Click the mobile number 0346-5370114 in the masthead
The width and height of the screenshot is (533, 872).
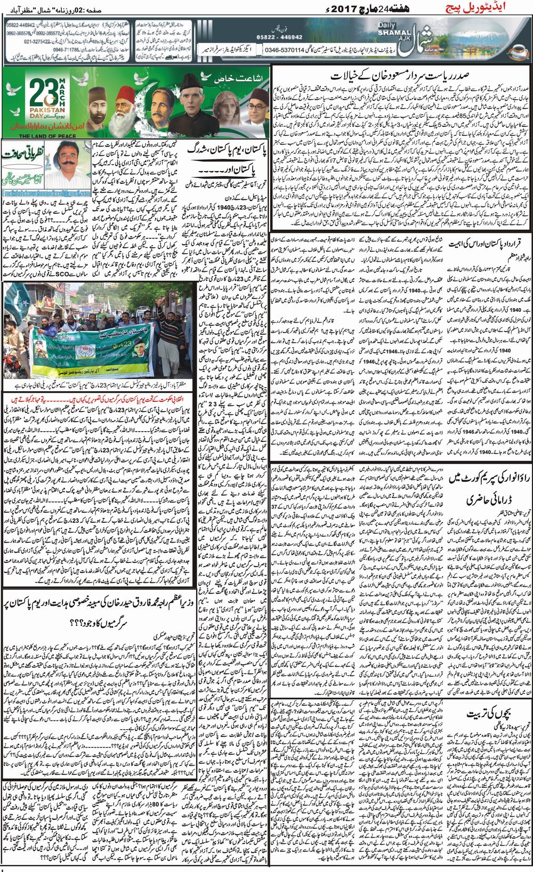pos(283,50)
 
